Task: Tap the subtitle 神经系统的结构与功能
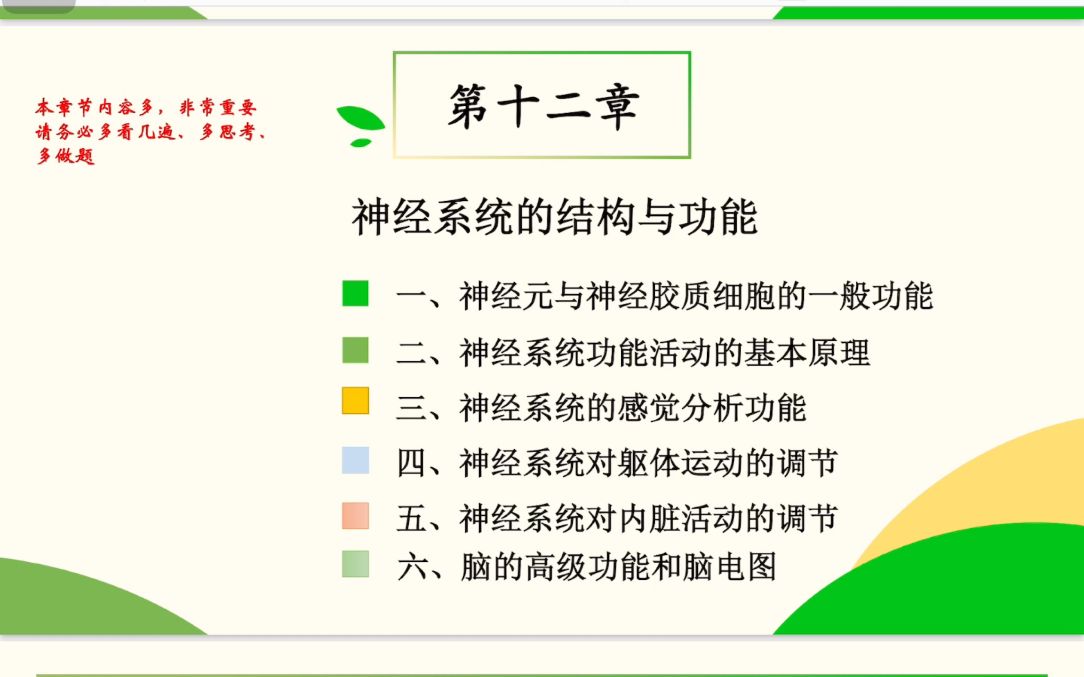(554, 217)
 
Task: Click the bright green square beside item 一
(355, 293)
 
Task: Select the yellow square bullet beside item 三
(355, 401)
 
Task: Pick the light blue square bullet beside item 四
(355, 460)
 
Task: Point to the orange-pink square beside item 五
(355, 516)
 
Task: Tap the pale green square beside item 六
(355, 564)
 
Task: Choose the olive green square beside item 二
(355, 350)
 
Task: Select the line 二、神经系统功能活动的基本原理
(633, 353)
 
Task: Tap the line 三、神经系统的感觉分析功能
(601, 408)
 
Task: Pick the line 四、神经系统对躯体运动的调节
(617, 463)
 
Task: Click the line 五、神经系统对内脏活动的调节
(617, 519)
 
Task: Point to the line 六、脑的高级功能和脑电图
(586, 567)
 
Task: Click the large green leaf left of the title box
(360, 118)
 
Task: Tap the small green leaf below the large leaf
(361, 142)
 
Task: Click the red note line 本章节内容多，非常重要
(146, 108)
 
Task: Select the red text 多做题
(66, 156)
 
